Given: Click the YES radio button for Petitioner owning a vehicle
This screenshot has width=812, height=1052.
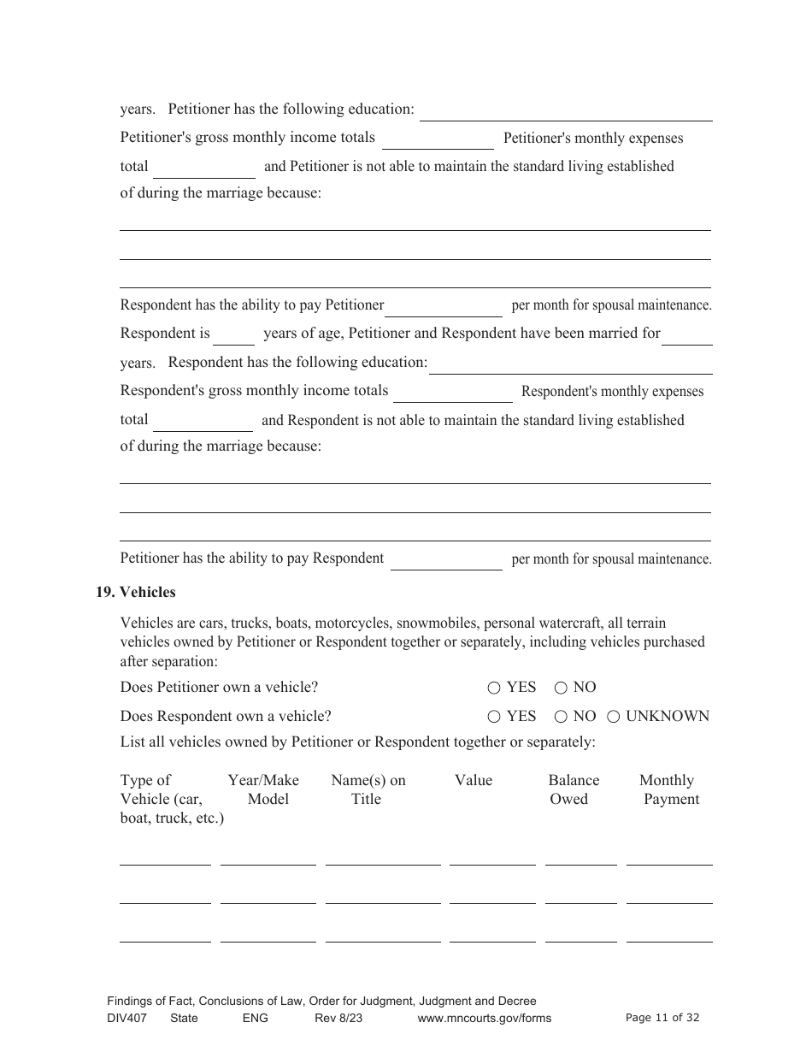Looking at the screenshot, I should (x=494, y=688).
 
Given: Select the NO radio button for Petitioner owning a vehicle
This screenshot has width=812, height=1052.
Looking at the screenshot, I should (x=561, y=688).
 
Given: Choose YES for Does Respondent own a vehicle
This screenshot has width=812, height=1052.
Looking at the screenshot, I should (x=494, y=717).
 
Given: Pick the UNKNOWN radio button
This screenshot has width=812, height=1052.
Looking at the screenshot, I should (x=614, y=717).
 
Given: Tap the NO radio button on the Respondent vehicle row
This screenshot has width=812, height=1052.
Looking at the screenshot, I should (x=561, y=717).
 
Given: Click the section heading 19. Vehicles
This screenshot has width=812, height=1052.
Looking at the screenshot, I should (x=135, y=592).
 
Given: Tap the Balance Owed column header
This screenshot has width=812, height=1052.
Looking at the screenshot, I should (x=573, y=789).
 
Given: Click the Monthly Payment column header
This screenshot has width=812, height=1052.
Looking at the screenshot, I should (x=669, y=789).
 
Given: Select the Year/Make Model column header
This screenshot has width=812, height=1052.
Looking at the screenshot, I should (x=264, y=789).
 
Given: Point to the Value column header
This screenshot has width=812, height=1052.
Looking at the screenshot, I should (x=474, y=780).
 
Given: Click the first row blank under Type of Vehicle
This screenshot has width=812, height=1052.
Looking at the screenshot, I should (x=165, y=858).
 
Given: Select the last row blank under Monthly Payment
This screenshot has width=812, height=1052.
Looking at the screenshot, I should (x=669, y=935).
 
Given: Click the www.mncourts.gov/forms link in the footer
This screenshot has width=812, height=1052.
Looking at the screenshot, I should (x=485, y=1018).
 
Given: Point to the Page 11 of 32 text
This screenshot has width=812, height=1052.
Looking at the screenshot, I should (x=662, y=1018).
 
